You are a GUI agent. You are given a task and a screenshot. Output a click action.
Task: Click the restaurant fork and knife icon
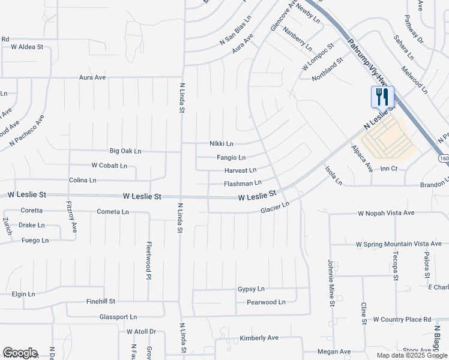[x=382, y=97]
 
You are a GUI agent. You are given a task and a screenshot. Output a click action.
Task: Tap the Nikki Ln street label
[x=221, y=143]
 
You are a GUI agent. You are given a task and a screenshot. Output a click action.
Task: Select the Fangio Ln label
[x=231, y=158]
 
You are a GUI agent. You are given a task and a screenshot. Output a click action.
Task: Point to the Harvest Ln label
[x=240, y=170]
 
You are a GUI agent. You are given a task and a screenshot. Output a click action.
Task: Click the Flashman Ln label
[x=243, y=183]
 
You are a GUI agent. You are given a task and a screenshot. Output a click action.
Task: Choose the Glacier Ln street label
[x=275, y=208]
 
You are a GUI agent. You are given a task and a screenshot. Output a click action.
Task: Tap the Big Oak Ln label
[x=125, y=151]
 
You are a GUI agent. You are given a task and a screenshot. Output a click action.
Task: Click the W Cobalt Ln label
[x=109, y=165]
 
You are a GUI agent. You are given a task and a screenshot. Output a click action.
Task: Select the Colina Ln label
[x=83, y=180]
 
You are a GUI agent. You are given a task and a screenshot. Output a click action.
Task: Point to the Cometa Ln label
[x=113, y=212]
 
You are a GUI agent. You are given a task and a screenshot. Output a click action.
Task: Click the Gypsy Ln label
[x=251, y=289]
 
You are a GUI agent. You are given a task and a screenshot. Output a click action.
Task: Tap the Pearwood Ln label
[x=266, y=302]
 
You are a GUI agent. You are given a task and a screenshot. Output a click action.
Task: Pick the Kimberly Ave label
[x=259, y=338]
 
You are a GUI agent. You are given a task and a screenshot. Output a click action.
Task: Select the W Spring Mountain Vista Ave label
[x=399, y=244]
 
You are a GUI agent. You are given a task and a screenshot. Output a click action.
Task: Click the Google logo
[x=20, y=353]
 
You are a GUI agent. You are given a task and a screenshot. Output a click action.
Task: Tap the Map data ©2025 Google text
[x=412, y=355]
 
